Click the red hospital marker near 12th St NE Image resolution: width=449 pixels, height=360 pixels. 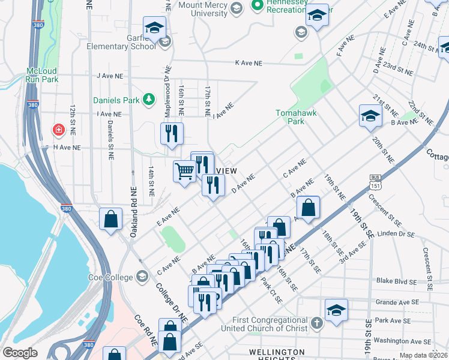(x=58, y=129)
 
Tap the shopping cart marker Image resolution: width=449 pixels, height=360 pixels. (x=185, y=172)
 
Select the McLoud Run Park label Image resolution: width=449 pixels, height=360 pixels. (x=41, y=75)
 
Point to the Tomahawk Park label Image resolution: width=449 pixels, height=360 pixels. (x=295, y=116)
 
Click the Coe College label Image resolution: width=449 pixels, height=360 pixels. (x=113, y=277)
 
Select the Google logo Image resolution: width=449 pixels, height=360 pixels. (x=20, y=353)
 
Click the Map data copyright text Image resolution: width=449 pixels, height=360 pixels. (x=423, y=355)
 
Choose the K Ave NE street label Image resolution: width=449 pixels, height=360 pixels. (x=249, y=63)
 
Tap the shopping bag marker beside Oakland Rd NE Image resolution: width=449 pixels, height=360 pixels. (x=111, y=219)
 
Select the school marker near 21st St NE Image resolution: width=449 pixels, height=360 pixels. (x=370, y=116)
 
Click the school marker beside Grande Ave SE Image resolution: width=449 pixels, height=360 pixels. (x=336, y=310)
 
